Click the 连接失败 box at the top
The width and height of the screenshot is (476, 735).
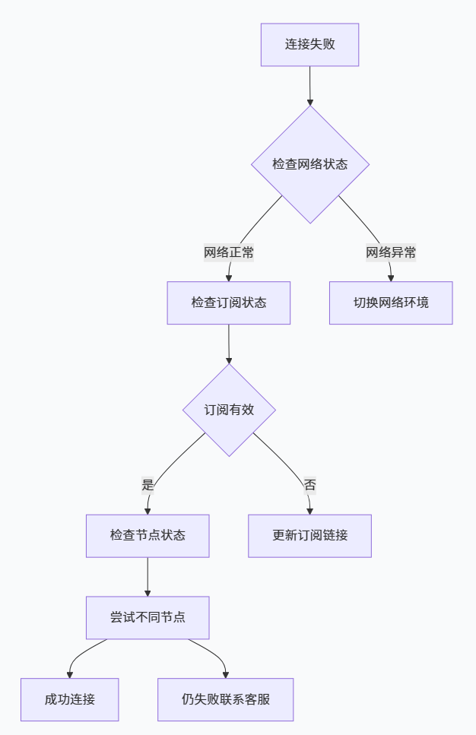tap(309, 44)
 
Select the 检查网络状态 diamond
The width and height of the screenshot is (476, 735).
tap(310, 164)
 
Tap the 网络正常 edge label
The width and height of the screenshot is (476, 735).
tap(228, 253)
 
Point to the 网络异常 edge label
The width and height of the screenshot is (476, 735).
tap(391, 253)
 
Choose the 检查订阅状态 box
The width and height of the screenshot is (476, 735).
tap(229, 303)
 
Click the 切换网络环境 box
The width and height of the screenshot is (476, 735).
tap(391, 303)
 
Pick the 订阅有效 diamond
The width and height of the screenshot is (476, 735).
tap(229, 410)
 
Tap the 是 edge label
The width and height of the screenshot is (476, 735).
tap(148, 485)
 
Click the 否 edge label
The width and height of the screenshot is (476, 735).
tap(310, 485)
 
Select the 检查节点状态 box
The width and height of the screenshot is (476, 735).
tap(148, 536)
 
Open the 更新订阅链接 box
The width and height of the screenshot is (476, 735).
tap(310, 536)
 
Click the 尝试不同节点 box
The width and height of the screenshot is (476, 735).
tap(148, 617)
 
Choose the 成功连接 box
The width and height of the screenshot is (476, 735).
tap(70, 699)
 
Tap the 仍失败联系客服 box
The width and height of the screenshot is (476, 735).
tap(226, 699)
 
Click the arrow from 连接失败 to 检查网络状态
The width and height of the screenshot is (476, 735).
tap(310, 85)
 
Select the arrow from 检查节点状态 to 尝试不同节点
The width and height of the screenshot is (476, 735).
tap(148, 577)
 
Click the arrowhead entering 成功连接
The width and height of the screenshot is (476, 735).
tap(70, 673)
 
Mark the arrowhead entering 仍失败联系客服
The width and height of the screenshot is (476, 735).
tap(226, 673)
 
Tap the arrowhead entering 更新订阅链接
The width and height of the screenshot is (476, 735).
tap(310, 510)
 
